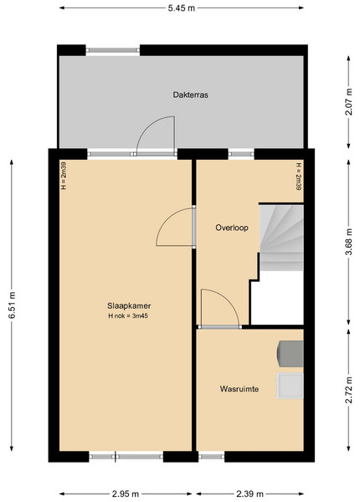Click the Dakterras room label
191,95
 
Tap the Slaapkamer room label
129,305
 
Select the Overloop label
232,228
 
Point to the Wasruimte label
239,389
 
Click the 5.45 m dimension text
182,8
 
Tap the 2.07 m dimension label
349,102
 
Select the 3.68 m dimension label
349,242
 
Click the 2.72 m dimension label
349,390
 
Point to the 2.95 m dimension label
126,494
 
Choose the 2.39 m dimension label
249,494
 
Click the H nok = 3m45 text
128,316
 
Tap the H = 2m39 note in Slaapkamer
64,175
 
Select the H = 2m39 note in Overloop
299,177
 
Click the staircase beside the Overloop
281,238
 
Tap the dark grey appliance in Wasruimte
291,354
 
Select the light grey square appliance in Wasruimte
291,386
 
